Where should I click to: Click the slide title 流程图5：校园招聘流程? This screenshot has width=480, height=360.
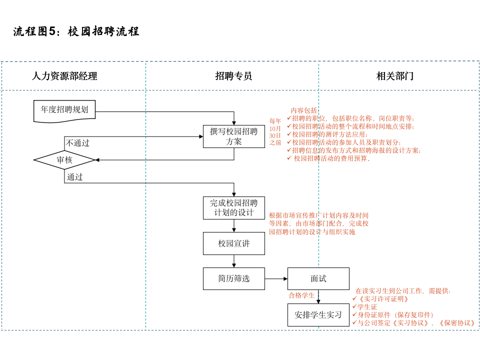point(76,31)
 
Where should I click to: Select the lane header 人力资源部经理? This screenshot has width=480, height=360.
point(64,76)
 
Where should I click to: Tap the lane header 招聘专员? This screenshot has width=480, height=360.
point(233,76)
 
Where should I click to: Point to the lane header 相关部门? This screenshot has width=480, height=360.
point(395,76)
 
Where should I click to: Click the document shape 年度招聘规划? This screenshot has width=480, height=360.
point(64,110)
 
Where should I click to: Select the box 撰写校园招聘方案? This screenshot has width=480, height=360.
point(233,136)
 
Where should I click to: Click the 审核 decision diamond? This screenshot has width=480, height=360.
point(64,160)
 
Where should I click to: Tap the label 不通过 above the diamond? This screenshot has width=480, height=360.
point(77,143)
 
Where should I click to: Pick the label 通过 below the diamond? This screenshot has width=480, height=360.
point(75,177)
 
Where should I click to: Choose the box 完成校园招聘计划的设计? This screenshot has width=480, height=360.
point(233,208)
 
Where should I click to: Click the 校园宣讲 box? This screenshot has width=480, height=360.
point(233,243)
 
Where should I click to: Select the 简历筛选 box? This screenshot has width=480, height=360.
point(233,278)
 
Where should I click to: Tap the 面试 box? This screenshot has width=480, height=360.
point(318,278)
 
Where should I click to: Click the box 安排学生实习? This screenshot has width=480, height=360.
point(318,315)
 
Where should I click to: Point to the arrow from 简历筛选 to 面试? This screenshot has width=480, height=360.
point(276,278)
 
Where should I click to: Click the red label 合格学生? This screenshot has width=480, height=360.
point(301,295)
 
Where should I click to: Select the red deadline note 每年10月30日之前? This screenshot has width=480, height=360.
point(275,131)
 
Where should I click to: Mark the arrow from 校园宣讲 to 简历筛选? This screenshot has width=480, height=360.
point(233,261)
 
